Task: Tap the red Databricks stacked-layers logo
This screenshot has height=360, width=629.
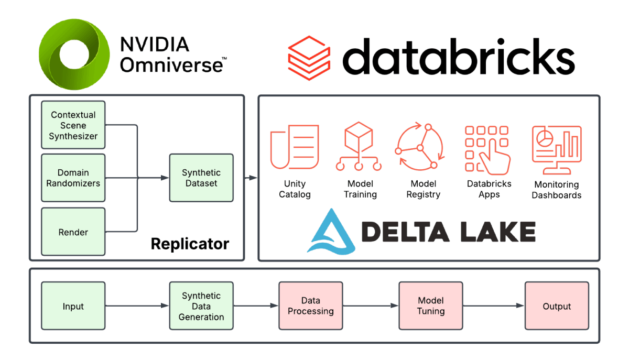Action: [309, 56]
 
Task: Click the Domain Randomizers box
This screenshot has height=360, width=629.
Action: [73, 178]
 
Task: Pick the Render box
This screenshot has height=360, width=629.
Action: [73, 232]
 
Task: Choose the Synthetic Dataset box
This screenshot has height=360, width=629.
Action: [201, 178]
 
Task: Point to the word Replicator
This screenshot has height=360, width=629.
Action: [190, 244]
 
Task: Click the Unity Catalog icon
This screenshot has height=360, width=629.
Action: [295, 147]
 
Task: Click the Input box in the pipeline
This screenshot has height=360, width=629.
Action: [73, 307]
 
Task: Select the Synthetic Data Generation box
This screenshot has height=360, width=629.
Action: [201, 307]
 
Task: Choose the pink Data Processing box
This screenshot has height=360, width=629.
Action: [310, 306]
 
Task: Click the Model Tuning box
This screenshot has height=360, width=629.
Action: [431, 306]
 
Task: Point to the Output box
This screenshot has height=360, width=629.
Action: [557, 306]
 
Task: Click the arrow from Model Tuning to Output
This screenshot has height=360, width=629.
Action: [494, 306]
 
